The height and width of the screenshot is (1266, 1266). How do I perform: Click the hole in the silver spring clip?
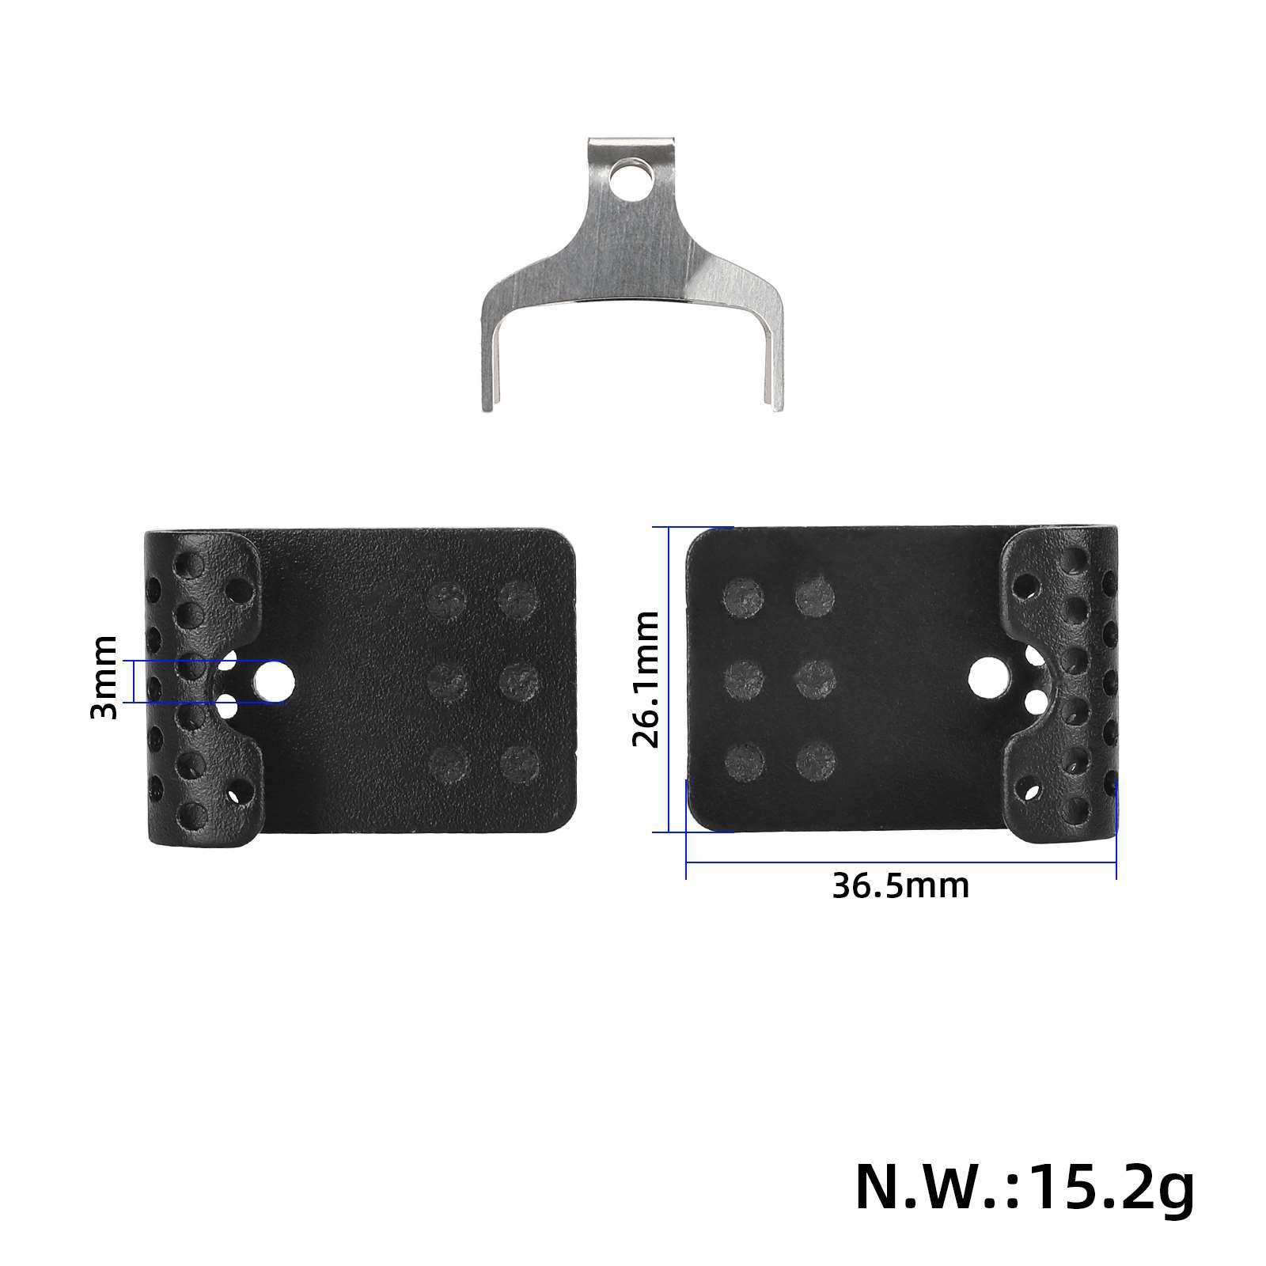click(630, 179)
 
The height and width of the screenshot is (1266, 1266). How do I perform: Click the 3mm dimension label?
click(104, 677)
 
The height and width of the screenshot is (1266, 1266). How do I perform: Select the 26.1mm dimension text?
click(646, 679)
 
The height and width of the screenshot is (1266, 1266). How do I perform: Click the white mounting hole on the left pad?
click(274, 680)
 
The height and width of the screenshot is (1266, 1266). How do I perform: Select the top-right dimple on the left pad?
click(518, 599)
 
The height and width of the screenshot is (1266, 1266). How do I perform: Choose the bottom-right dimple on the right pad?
click(816, 761)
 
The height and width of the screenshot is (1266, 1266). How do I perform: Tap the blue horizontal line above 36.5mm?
click(900, 862)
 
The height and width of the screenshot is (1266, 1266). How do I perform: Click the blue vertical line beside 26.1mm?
click(669, 679)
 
